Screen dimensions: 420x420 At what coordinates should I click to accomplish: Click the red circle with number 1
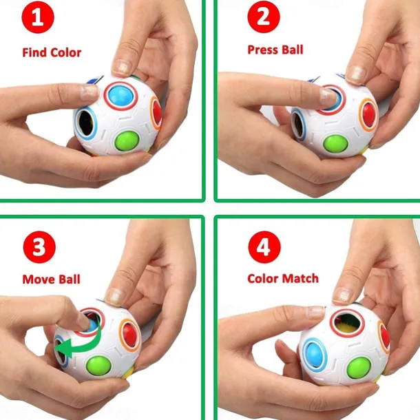point(38,17)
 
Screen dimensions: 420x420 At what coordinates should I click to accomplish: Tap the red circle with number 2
point(264,17)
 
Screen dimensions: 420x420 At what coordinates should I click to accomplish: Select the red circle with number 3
point(39,247)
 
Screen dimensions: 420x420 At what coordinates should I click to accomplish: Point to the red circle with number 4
point(264,247)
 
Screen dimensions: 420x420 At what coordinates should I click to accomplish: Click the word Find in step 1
point(34,52)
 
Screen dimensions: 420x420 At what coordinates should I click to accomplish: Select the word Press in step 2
point(262,50)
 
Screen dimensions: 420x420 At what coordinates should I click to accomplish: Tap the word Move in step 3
point(39,280)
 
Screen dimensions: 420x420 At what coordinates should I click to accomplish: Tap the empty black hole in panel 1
point(85,123)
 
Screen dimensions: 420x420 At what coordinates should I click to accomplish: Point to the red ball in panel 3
point(130,334)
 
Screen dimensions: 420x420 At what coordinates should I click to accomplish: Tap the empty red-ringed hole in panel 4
point(347,322)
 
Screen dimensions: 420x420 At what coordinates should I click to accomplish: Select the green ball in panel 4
point(359,366)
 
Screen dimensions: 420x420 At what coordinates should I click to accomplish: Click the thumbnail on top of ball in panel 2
point(356,73)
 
